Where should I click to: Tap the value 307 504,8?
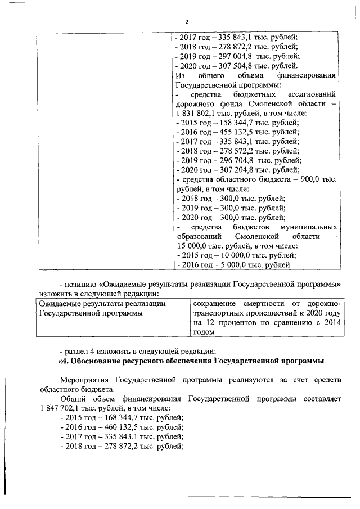(x=230, y=66)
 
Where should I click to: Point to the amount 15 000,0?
(x=191, y=246)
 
